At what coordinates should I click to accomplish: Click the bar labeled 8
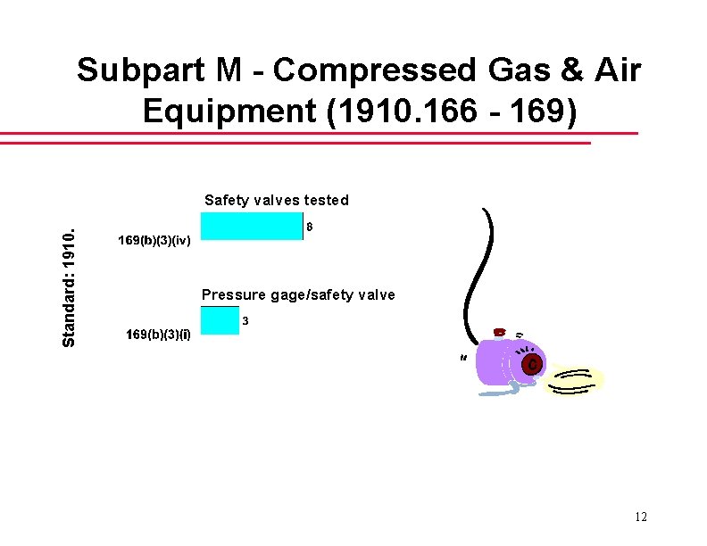(252, 227)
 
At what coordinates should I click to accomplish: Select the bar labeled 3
(220, 320)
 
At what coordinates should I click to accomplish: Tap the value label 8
(310, 227)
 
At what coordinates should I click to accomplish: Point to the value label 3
(245, 319)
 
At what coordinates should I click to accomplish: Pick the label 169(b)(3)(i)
(158, 335)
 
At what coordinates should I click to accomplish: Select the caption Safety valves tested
(276, 200)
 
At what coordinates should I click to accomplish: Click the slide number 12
(640, 517)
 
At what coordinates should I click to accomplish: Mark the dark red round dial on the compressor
(530, 365)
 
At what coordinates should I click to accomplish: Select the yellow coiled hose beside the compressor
(574, 380)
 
